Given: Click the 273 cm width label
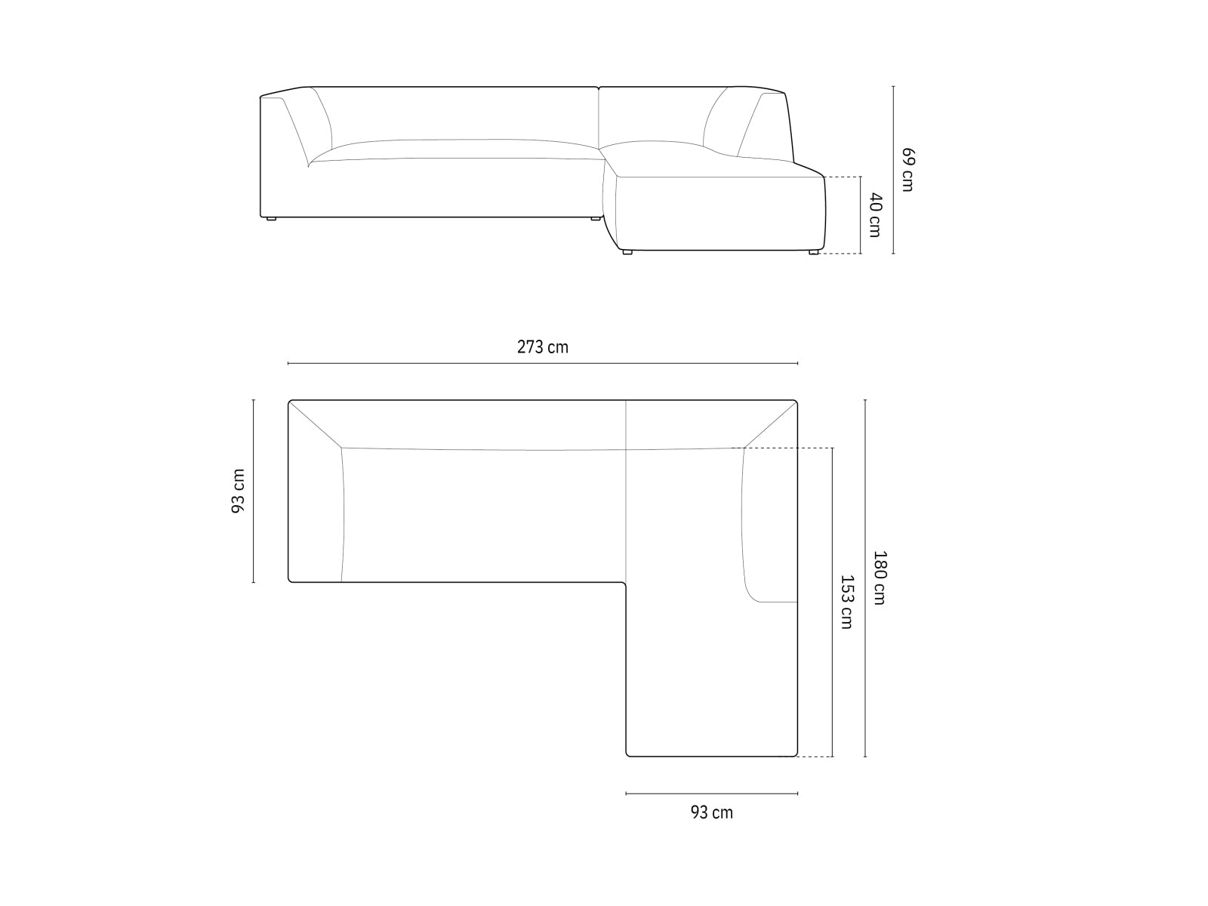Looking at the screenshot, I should click(542, 347).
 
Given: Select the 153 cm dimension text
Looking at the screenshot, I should click(847, 602).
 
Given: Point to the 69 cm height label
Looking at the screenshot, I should click(908, 170).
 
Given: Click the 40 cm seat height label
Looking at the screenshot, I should click(874, 215).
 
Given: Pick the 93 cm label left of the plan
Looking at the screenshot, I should click(239, 491).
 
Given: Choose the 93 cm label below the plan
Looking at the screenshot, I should click(711, 812).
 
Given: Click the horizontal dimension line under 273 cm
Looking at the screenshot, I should click(542, 363).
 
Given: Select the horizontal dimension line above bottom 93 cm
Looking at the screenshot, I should click(711, 794).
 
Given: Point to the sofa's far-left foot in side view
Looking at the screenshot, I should click(271, 219).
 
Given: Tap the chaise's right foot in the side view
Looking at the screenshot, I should click(812, 252).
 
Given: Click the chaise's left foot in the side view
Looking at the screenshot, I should click(627, 252).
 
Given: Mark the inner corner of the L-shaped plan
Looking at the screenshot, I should click(625, 583).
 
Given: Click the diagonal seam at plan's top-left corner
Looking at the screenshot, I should click(315, 424).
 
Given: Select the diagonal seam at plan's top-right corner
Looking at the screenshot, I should click(771, 425).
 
